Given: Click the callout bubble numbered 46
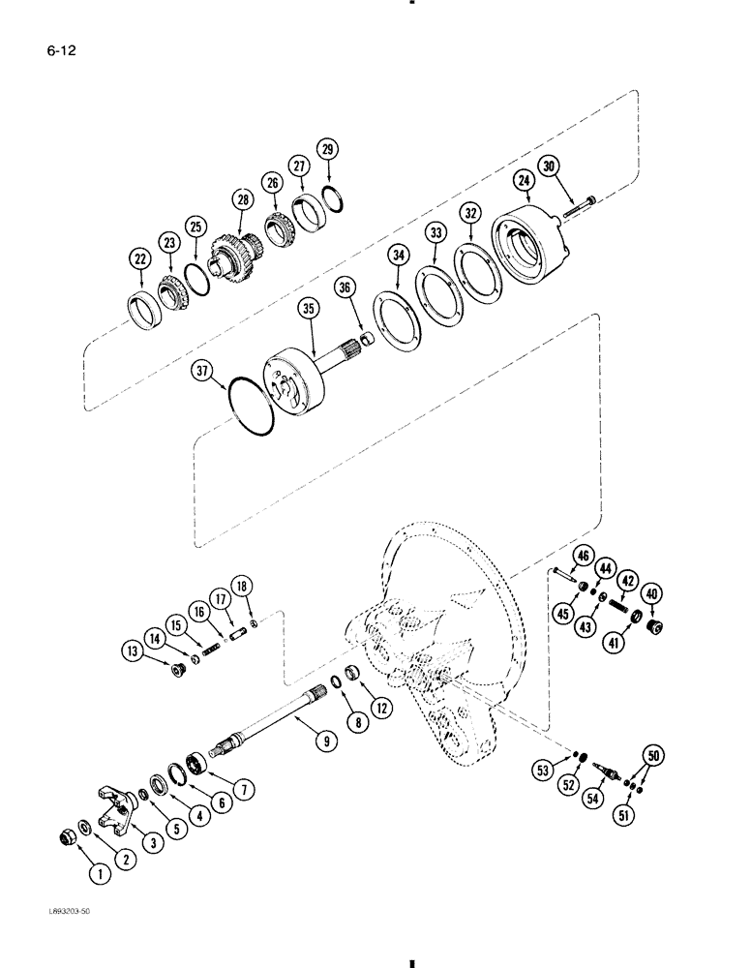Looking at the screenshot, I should pos(583,556).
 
